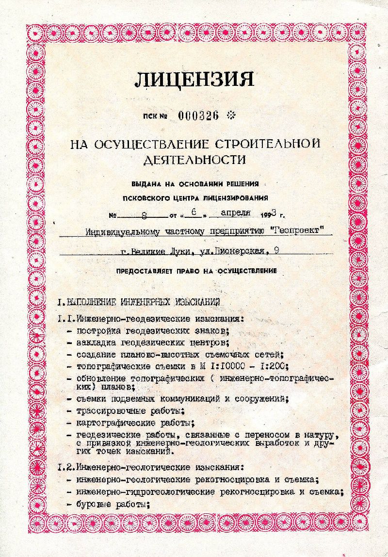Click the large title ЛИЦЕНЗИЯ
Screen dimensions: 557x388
194,79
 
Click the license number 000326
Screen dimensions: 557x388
199,115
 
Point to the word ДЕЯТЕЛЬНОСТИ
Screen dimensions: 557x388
194,159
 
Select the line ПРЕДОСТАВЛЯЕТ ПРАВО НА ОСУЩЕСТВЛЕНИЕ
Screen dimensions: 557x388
196,271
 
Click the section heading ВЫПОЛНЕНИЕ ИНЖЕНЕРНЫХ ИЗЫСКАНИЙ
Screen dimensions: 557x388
143,302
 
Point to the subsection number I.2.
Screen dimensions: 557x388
65,468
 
